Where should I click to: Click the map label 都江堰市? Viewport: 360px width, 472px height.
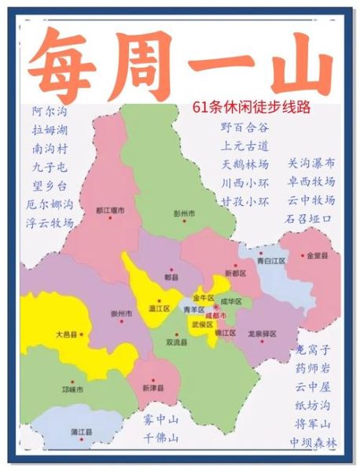(x=112, y=210)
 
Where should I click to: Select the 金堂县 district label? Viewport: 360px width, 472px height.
(x=318, y=256)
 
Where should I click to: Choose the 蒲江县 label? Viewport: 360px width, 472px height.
(x=82, y=432)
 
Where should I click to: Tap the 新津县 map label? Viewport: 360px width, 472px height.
(x=153, y=389)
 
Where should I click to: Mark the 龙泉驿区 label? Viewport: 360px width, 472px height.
(x=260, y=333)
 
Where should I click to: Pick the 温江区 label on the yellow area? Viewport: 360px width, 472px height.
(x=160, y=308)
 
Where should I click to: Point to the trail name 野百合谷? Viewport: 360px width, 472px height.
(x=244, y=127)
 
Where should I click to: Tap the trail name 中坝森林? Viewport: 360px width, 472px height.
(x=313, y=444)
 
